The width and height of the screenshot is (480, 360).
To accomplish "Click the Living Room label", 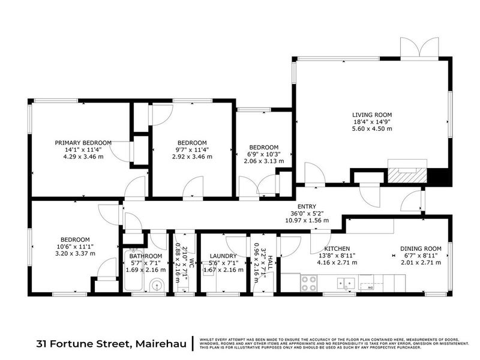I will click(372, 115).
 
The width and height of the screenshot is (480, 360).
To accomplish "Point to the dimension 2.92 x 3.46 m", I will click(192, 157).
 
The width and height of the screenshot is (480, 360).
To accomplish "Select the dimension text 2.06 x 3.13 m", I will click(264, 161).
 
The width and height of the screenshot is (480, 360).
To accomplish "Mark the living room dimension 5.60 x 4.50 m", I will click(372, 128).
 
